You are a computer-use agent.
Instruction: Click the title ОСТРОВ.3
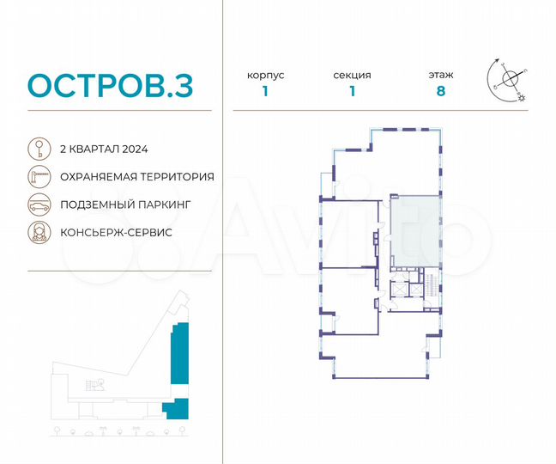(x=110, y=85)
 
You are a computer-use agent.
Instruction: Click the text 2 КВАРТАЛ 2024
(x=104, y=149)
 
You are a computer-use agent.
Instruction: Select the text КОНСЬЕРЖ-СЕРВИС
(x=116, y=233)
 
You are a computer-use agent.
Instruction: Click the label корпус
(x=266, y=76)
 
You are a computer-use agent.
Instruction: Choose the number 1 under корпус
(x=266, y=92)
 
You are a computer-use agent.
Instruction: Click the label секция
(x=353, y=76)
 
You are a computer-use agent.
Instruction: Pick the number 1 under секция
(x=353, y=92)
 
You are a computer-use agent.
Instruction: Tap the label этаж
(x=441, y=76)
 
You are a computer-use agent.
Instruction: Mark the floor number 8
(x=441, y=92)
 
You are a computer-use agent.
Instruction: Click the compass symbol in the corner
(x=510, y=78)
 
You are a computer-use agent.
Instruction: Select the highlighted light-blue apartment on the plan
(x=414, y=229)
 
